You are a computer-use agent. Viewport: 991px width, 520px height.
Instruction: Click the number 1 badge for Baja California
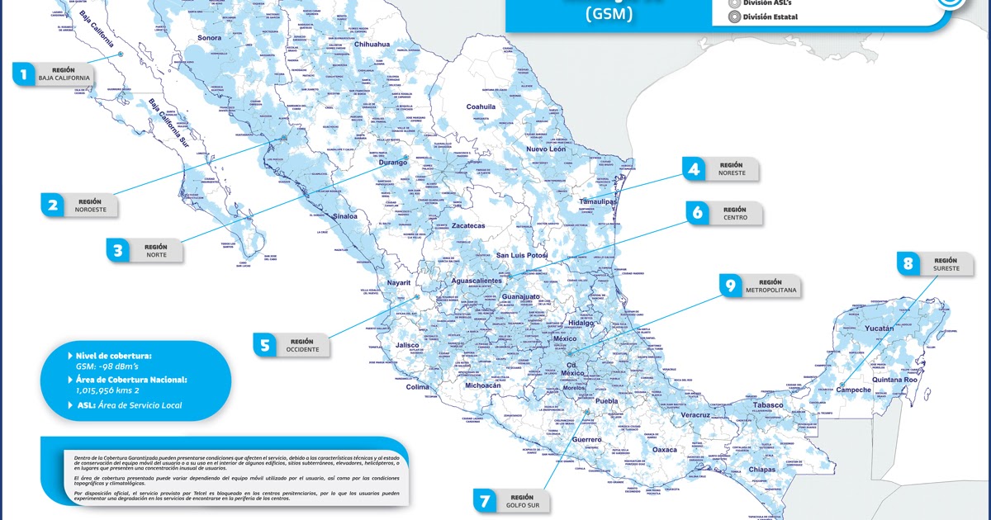point(24,75)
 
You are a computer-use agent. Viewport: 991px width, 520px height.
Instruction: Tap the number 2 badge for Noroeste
point(53,205)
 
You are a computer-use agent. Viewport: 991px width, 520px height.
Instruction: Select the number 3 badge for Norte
point(118,250)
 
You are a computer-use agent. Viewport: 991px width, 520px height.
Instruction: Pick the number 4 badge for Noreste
point(694,169)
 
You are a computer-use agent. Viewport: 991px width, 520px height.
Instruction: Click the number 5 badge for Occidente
point(265,345)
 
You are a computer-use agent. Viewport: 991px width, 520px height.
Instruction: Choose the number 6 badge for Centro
point(698,213)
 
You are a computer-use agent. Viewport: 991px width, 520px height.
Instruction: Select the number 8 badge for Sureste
point(908,264)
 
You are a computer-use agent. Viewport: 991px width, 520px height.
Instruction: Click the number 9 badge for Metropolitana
point(730,286)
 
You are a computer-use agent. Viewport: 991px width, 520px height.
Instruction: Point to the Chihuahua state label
point(372,44)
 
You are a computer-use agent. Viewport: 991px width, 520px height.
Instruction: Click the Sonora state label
point(210,38)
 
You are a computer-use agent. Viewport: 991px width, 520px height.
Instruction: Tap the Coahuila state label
point(481,106)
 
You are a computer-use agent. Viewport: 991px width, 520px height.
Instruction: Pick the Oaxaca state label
point(664,450)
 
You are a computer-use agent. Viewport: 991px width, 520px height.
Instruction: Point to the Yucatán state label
point(880,329)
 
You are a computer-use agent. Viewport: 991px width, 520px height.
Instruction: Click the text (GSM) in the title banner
point(609,14)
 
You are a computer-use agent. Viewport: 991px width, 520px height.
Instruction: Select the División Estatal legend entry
point(770,17)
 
